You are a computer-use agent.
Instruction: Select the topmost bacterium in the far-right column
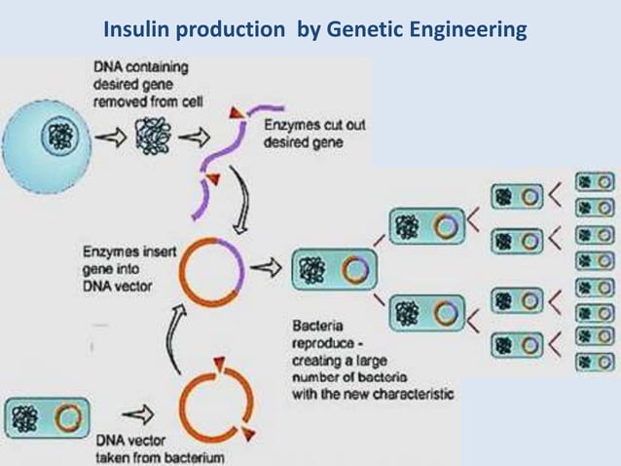[595, 181]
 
